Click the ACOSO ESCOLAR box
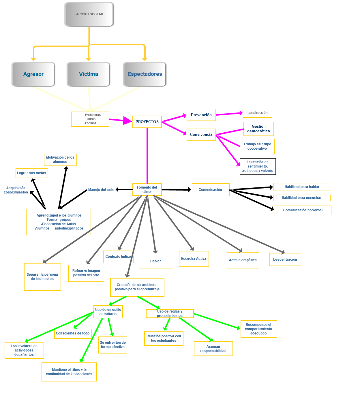pos(89,14)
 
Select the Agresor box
pos(33,74)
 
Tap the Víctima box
pos(89,74)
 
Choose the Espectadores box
pos(145,74)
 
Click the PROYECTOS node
pos(147,122)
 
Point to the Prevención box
pos(201,115)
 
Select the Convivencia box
pos(201,135)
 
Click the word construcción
pos(258,113)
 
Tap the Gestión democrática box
pos(258,129)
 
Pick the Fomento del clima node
pos(147,189)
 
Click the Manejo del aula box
pos(101,190)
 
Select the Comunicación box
pos(211,190)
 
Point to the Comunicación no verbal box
pos(303,210)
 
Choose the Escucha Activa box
pos(194,259)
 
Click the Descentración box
pos(285,259)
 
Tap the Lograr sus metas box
pos(32,173)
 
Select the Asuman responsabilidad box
pos(213,349)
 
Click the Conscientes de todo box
pos(73,333)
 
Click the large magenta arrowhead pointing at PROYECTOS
pos(127,121)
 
